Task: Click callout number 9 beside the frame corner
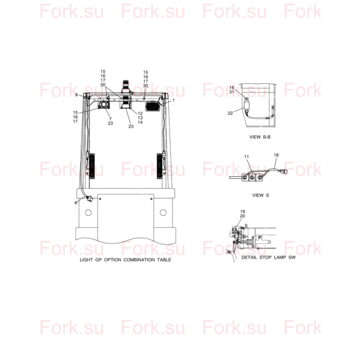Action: point(76,95)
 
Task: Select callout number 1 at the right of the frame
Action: point(174,101)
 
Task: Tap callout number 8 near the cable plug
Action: point(76,203)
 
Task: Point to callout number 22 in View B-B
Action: point(230,113)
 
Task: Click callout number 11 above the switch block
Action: point(246,156)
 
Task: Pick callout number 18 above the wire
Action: point(276,155)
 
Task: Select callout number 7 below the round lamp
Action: point(110,119)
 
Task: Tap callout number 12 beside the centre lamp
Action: point(140,114)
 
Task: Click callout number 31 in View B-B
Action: point(232,92)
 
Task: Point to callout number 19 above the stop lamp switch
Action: point(243,212)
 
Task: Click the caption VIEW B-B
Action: point(260,137)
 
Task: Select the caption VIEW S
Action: point(261,196)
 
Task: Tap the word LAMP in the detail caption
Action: point(280,258)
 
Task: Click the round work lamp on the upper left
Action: point(104,104)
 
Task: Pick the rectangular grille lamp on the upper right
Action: point(153,106)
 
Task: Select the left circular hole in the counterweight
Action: point(88,213)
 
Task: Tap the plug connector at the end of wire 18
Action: point(283,171)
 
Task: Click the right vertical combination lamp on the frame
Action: point(160,166)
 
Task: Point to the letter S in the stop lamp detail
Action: point(246,226)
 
